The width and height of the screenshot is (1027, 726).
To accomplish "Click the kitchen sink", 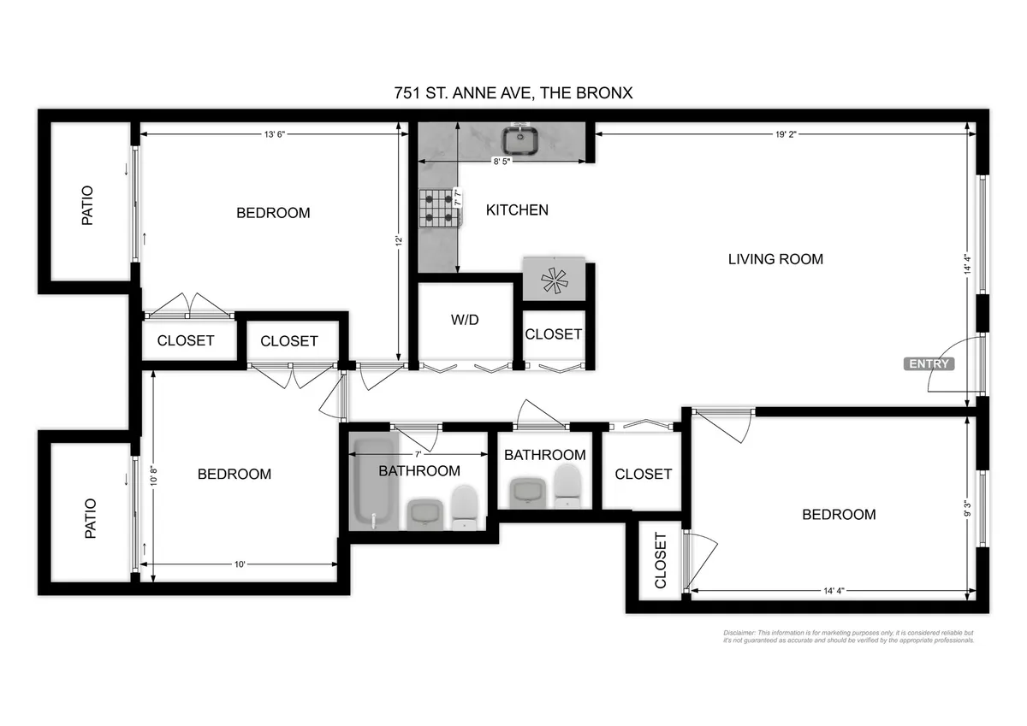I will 519,139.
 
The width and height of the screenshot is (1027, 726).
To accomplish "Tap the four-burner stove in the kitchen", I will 439,208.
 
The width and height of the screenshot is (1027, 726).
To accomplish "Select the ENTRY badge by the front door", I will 929,363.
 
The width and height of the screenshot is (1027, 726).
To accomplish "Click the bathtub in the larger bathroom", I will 374,483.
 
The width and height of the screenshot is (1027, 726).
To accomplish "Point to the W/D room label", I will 465,320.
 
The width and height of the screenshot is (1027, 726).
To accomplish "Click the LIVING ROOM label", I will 775,258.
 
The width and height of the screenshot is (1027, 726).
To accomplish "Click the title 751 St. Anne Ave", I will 513,92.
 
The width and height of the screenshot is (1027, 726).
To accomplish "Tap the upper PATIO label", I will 87,205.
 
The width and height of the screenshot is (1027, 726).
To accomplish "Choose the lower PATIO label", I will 90,518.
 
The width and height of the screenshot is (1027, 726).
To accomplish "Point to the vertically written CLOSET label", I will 661,560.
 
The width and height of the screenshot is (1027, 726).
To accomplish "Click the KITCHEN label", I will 517,210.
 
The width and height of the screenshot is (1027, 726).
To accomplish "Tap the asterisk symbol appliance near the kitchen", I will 554,280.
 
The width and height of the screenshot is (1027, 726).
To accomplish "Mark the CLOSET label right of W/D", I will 553,334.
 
